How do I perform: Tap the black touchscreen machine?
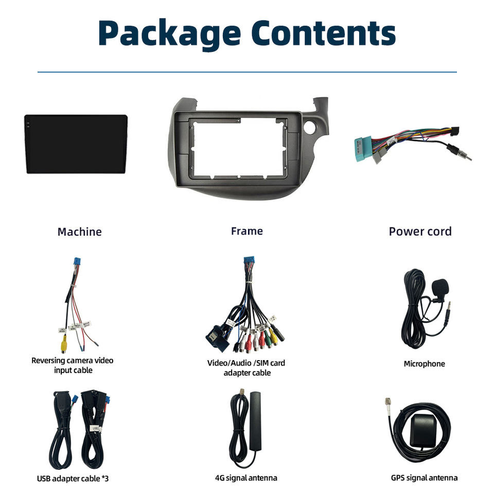(x=76, y=144)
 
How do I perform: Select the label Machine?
(x=79, y=232)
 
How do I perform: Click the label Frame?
(x=246, y=231)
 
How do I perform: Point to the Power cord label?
(x=420, y=232)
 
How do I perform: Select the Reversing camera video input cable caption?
(x=73, y=365)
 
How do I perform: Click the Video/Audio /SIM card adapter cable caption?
(x=246, y=367)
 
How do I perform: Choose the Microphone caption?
(x=424, y=364)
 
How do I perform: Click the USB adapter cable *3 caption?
(x=73, y=479)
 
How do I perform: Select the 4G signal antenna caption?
(x=246, y=478)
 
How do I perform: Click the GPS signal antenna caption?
(x=424, y=478)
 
